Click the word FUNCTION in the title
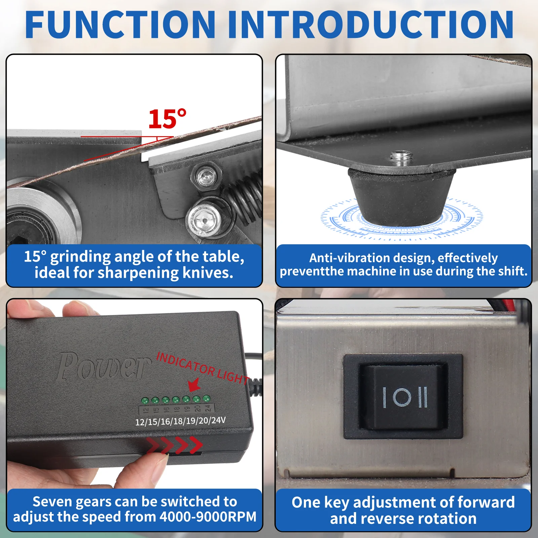120,25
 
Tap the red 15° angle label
167,119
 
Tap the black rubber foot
401,196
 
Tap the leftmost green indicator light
145,401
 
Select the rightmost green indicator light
206,399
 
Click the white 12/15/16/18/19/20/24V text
180,421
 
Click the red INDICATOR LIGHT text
203,368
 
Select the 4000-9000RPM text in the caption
208,517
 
